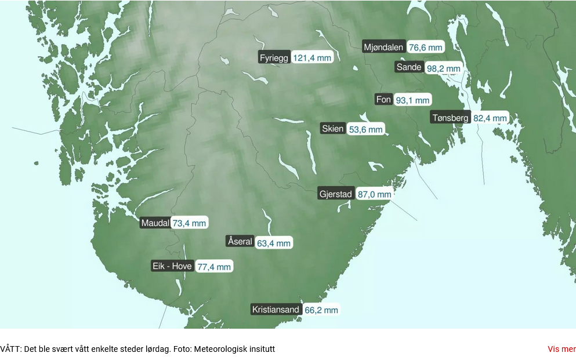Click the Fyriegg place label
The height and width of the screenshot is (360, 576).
274,57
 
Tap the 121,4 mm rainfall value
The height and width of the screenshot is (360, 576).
312,58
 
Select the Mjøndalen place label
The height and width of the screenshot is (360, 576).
383,47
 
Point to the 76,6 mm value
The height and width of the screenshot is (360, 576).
425,48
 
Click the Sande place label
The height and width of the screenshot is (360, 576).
409,67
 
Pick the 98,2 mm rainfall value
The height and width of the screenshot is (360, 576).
443,68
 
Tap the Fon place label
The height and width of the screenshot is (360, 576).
383,100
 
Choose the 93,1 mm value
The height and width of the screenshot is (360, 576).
412,100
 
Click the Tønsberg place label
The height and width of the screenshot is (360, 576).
450,118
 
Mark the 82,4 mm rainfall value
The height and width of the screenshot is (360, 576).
490,118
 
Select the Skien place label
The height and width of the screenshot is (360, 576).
333,129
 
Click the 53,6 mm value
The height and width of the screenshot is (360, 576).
365,129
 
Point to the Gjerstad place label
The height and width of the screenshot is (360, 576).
336,194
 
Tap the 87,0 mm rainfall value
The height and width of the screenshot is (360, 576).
374,195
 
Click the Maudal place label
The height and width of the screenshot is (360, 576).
155,223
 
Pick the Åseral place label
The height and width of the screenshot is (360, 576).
240,242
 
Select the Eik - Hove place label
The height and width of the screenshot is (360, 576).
172,266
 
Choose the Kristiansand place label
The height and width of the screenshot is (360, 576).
276,310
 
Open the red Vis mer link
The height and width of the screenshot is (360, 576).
561,349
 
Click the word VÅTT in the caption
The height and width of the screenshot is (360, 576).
10,349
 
